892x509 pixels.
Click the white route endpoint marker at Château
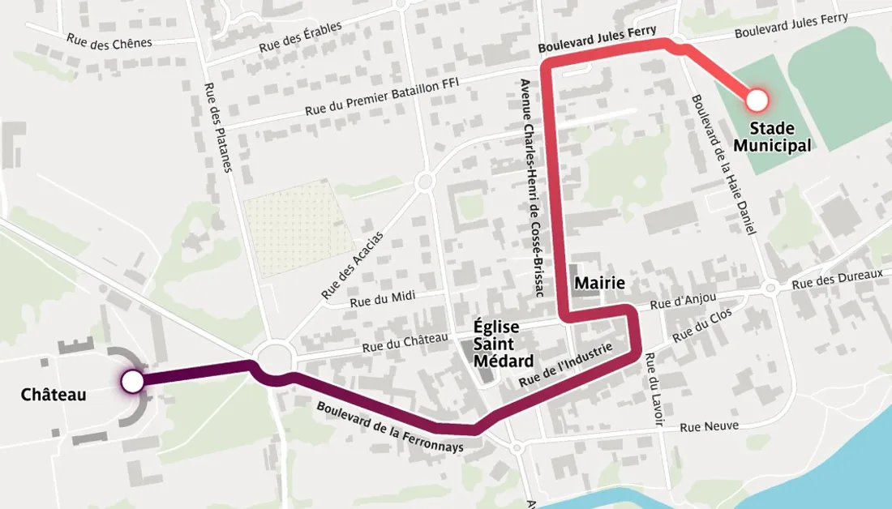click(x=132, y=380)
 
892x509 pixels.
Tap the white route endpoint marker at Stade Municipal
click(x=757, y=100)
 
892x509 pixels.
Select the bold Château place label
click(x=54, y=395)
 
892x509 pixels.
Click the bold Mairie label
click(x=601, y=283)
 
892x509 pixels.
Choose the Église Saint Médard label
click(x=504, y=344)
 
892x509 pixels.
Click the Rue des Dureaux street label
click(x=837, y=280)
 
